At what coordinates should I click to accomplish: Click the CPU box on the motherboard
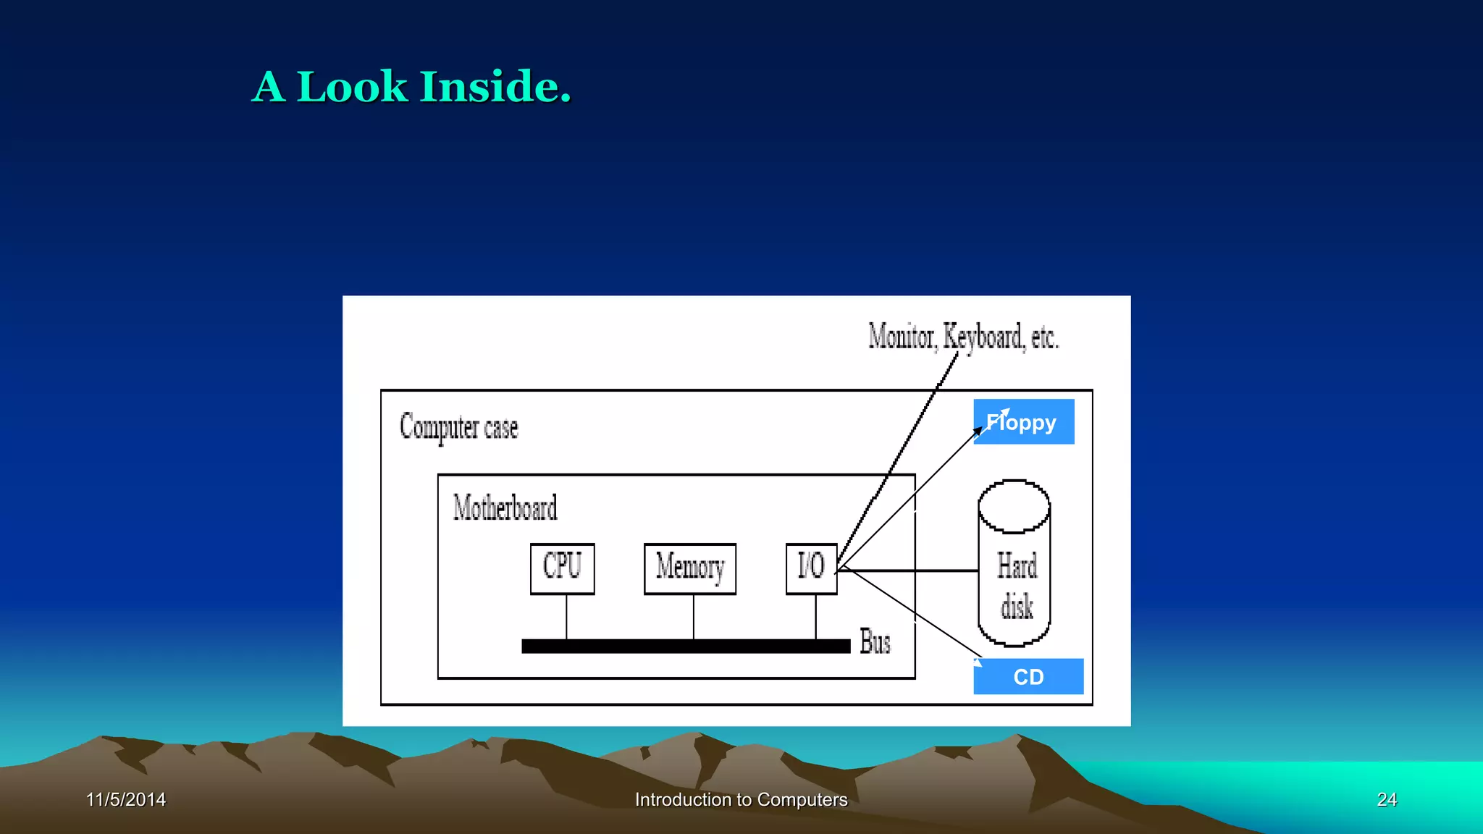click(562, 568)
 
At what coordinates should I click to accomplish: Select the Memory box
click(689, 568)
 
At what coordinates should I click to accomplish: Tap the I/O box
click(811, 568)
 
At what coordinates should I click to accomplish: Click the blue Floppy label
click(1023, 421)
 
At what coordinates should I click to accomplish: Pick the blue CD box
click(1028, 676)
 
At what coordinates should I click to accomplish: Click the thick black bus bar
click(685, 646)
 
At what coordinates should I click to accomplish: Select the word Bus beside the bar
click(875, 642)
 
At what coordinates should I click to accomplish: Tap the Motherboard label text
click(505, 508)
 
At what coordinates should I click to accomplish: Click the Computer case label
click(459, 427)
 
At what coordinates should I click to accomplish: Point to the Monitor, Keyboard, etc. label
click(963, 337)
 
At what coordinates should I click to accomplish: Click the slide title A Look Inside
click(411, 87)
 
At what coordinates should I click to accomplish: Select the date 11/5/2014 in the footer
click(126, 799)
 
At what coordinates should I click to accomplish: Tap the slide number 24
click(1387, 799)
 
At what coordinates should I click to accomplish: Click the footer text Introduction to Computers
click(741, 799)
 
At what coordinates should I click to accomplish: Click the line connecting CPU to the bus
click(566, 617)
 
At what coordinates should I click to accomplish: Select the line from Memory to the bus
click(694, 617)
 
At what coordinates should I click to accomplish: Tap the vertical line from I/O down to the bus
click(816, 617)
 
